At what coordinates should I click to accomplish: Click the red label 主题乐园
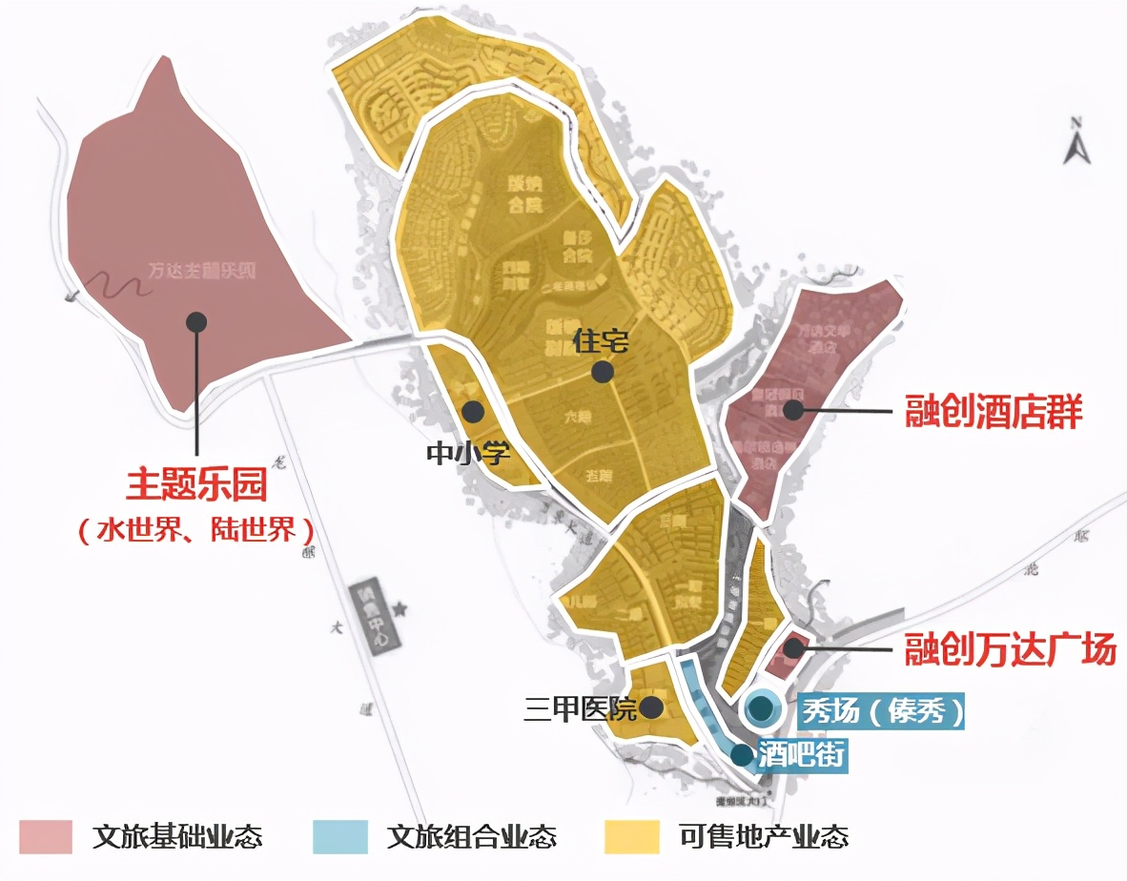(196, 485)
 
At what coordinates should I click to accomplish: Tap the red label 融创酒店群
(994, 413)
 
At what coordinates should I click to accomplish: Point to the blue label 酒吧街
(801, 755)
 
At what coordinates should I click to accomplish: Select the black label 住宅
(602, 339)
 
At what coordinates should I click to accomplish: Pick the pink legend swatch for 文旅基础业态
(45, 836)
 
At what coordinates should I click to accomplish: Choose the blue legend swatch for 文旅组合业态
(339, 836)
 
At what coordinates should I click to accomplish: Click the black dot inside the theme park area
(196, 321)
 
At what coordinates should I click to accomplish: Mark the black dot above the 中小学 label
(473, 412)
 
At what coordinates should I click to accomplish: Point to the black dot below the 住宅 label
(602, 372)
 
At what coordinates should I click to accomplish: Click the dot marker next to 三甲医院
(652, 707)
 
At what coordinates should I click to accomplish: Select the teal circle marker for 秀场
(761, 708)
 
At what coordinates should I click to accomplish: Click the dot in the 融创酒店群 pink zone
(792, 410)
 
